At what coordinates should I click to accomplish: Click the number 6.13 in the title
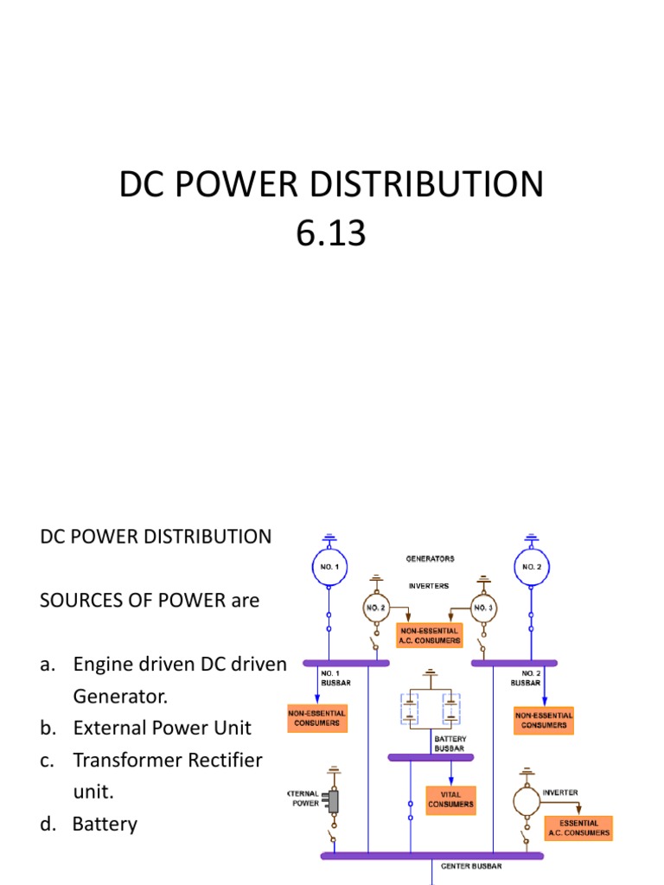coord(331,233)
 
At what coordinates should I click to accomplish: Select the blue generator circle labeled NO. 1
coord(329,567)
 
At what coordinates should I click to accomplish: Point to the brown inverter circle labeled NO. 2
coord(375,608)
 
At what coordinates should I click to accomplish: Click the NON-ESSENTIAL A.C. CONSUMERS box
coord(430,635)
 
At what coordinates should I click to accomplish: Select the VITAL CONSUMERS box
coord(450,799)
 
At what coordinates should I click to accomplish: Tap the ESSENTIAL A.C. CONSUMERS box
coord(578,828)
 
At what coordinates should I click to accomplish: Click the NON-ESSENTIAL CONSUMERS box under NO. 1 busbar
coord(317,718)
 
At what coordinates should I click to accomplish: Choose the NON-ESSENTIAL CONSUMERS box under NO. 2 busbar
coord(544,720)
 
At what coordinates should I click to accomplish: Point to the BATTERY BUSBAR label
coord(450,743)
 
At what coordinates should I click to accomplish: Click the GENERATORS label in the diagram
coord(430,558)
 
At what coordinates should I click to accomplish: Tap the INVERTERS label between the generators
coord(428,585)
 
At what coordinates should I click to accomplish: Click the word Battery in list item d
coord(105,824)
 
